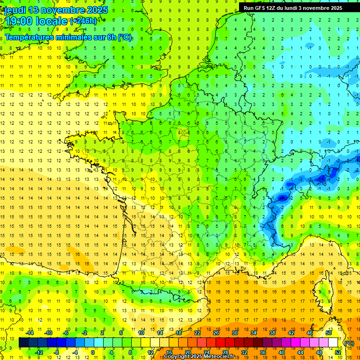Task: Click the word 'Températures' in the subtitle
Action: [x=30, y=37]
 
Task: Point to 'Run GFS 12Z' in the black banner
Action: [x=260, y=8]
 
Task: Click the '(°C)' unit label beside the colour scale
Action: [x=349, y=343]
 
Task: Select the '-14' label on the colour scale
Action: [x=29, y=333]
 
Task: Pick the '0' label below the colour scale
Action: [x=93, y=352]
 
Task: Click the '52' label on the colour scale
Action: [x=337, y=352]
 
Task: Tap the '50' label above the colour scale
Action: [x=328, y=333]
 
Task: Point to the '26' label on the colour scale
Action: [x=216, y=333]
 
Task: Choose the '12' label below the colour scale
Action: [x=150, y=352]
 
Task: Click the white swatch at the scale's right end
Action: [x=333, y=343]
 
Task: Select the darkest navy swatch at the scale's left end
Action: [x=23, y=343]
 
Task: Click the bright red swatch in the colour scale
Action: [x=220, y=343]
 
